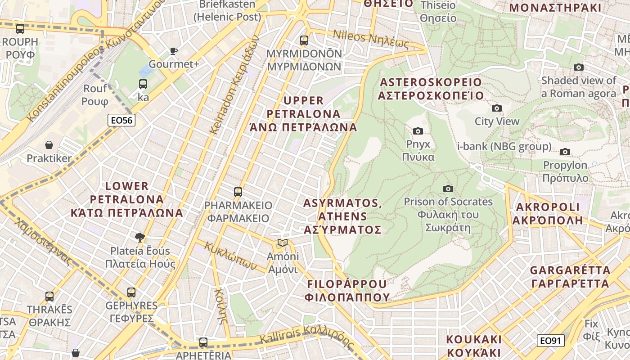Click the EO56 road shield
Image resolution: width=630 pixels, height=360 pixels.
pos(121,120)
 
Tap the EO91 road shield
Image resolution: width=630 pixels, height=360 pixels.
pos(550,341)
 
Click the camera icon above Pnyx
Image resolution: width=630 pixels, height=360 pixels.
pos(418,131)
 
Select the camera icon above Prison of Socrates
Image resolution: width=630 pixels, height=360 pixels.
pos(448,189)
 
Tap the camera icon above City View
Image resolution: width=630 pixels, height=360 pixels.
pos(497,108)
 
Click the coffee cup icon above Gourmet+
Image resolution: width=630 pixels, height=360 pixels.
pos(174,51)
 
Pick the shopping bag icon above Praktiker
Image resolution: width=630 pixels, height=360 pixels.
pos(49,145)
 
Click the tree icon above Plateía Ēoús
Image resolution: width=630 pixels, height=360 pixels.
pos(140,237)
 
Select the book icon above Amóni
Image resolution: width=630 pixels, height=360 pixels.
pos(283,243)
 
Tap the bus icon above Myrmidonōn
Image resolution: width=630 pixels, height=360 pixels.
pos(304,40)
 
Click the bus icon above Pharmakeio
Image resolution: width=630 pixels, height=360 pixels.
pos(238,192)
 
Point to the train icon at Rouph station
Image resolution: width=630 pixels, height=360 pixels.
pos(20,29)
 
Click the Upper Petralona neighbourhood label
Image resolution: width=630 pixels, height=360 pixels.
pos(303,114)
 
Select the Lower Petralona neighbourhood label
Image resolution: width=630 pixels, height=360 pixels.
pos(127,199)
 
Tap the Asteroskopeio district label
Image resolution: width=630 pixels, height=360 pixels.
pos(431,89)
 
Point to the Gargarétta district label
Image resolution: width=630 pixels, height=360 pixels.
pos(570,277)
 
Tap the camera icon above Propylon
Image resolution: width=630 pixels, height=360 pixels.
pos(565,152)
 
